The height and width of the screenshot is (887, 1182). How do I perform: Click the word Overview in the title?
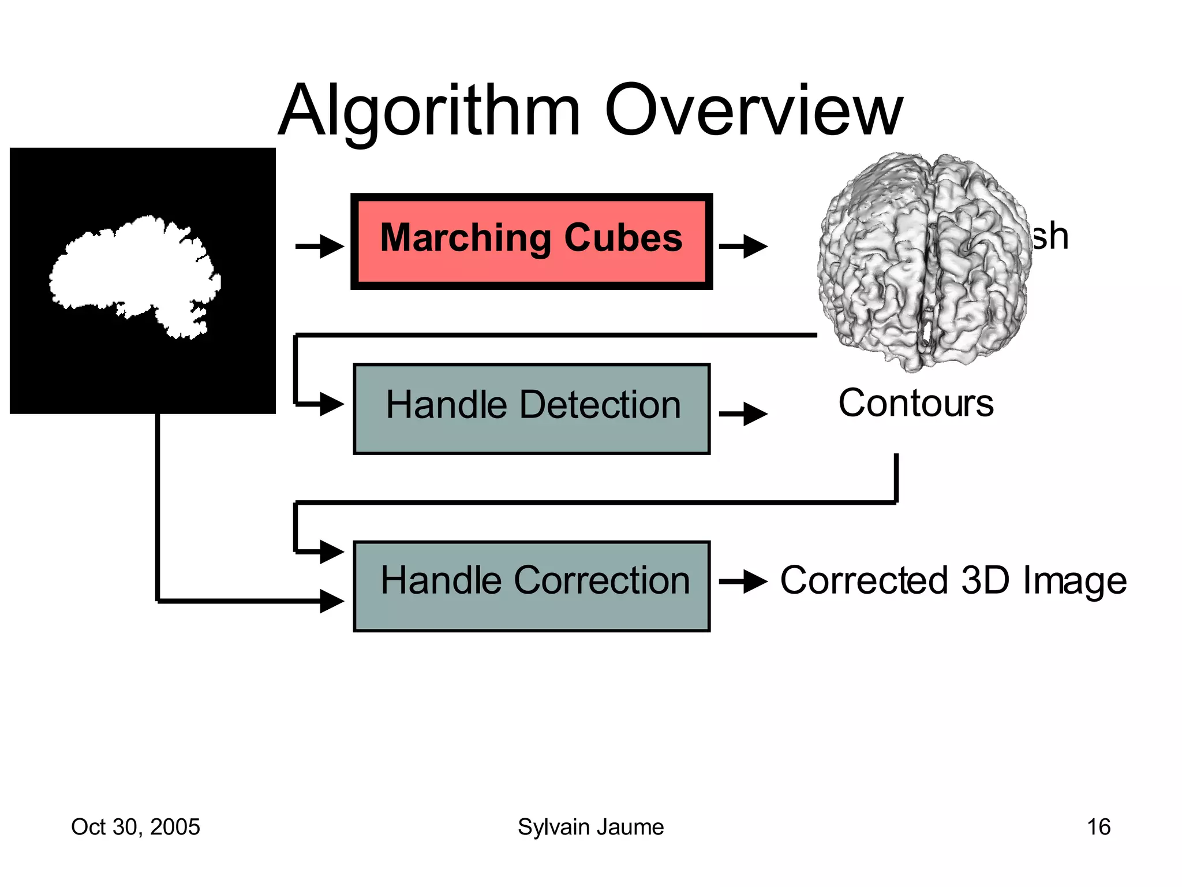tap(753, 111)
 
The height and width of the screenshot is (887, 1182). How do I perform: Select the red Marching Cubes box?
tap(532, 241)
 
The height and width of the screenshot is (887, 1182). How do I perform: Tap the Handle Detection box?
tap(532, 409)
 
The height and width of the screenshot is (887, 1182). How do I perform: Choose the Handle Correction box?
tap(532, 586)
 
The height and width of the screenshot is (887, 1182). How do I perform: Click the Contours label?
tap(916, 403)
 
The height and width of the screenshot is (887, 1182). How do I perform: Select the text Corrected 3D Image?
tap(953, 580)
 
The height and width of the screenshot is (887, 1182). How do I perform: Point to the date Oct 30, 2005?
tap(136, 827)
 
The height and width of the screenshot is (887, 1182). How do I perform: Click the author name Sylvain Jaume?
tap(590, 827)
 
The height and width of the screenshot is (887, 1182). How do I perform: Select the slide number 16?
tap(1098, 827)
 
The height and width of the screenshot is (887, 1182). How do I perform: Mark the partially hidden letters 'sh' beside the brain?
tap(1050, 236)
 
